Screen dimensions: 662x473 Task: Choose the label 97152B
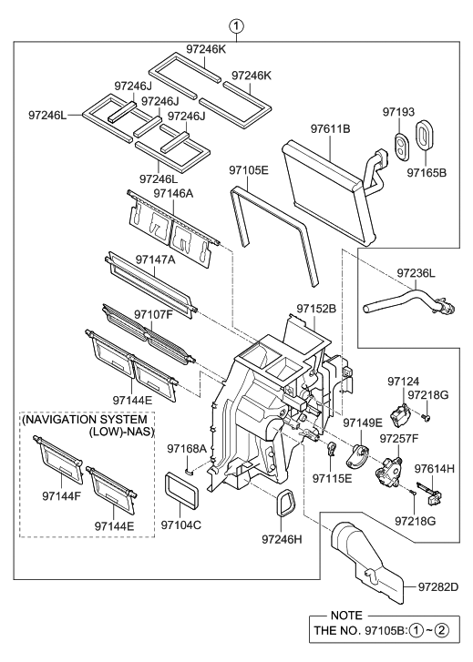pos(316,309)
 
